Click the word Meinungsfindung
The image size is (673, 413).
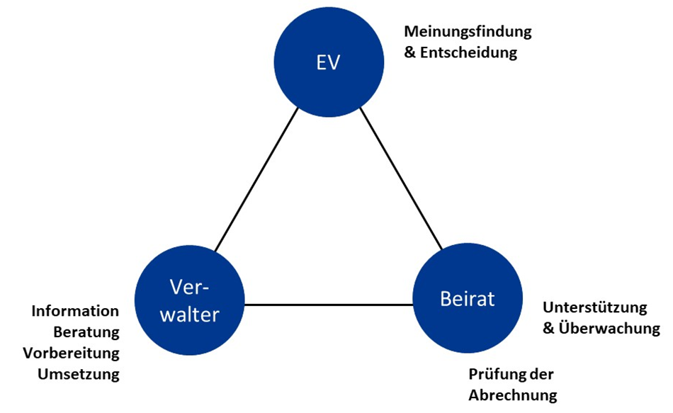467,32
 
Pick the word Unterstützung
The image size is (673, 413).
594,307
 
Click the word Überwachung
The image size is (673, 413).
609,329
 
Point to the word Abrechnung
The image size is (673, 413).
513,395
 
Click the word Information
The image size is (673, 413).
75,312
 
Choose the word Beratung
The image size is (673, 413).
86,332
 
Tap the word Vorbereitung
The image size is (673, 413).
71,353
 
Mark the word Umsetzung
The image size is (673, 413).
79,374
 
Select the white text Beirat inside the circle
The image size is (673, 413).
466,300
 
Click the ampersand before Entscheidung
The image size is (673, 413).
410,52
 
